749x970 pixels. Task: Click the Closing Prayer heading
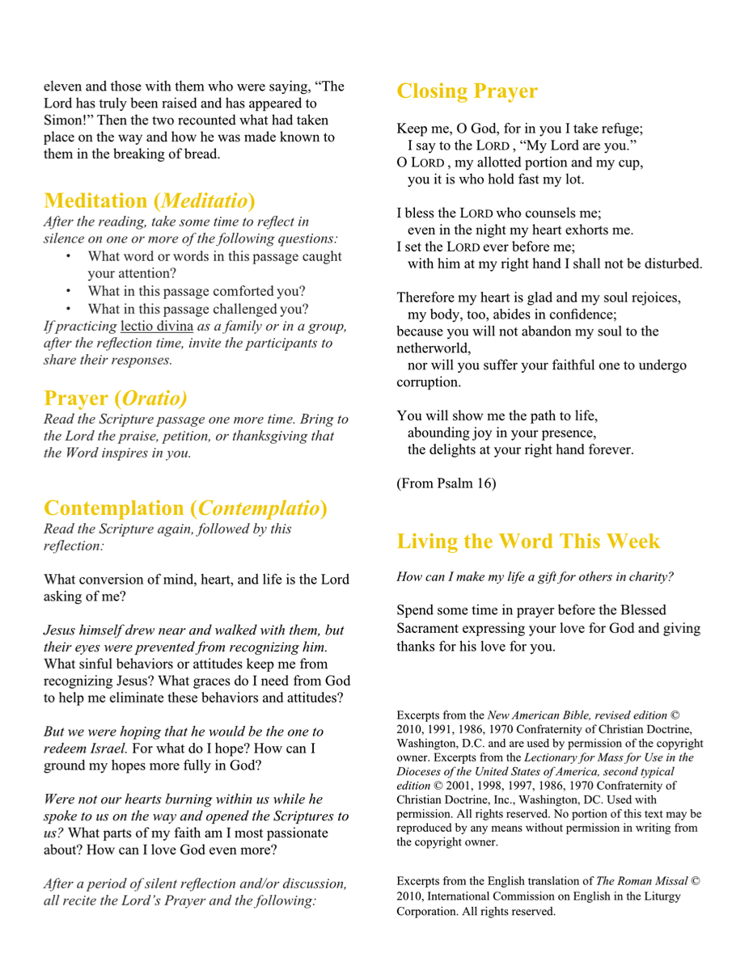tap(467, 91)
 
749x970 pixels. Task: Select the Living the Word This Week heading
tap(528, 541)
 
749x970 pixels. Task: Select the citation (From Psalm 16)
tap(446, 483)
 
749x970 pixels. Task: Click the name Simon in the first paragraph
tap(61, 120)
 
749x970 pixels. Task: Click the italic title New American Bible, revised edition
tap(577, 715)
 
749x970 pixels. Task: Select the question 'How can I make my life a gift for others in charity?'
tap(535, 577)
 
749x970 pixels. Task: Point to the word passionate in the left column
tap(288, 833)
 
